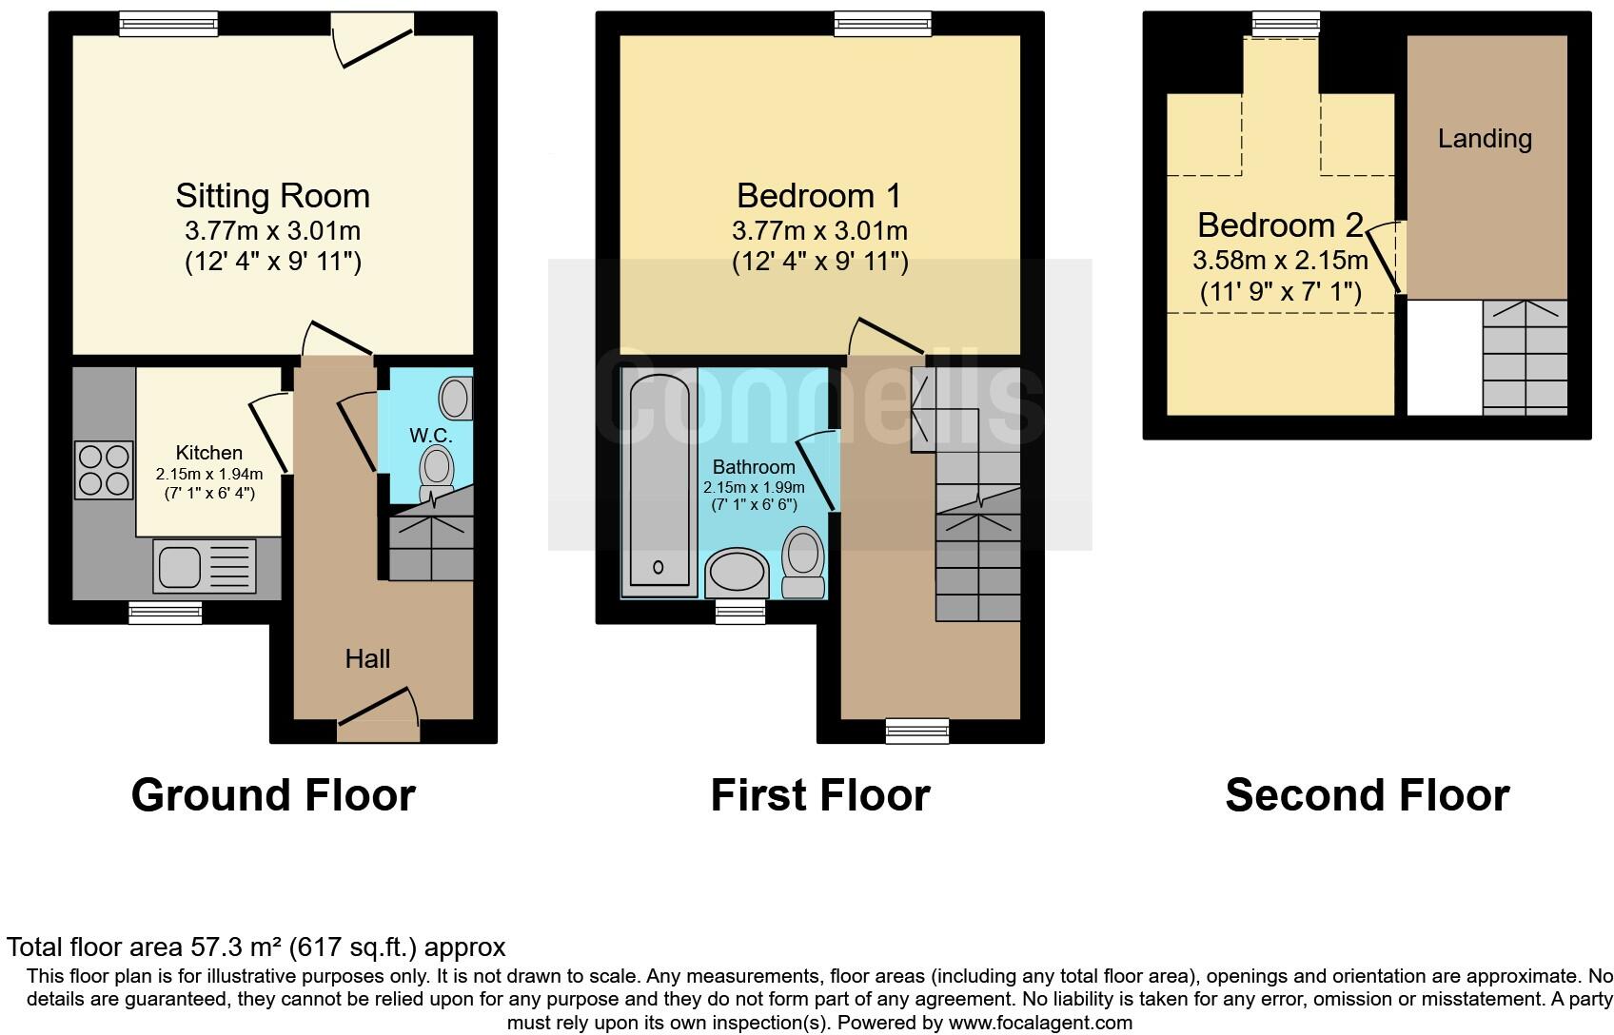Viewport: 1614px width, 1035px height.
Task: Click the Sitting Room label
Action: (272, 196)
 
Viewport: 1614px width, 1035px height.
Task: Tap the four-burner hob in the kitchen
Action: (104, 470)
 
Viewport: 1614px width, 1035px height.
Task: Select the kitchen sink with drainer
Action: (204, 566)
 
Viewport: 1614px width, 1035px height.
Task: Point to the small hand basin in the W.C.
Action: (456, 398)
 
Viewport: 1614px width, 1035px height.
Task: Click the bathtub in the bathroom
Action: (659, 483)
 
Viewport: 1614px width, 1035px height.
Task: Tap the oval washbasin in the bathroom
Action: (736, 575)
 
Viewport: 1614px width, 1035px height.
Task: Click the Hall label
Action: (367, 658)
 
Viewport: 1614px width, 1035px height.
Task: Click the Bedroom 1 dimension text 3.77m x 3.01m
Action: (819, 230)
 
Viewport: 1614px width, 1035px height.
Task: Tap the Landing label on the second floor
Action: (1485, 139)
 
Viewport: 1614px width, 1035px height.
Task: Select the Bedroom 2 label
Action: (1280, 225)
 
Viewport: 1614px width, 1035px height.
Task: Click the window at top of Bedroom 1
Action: (882, 24)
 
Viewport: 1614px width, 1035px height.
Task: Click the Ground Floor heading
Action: (273, 795)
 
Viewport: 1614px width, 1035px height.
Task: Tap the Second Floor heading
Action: (1367, 795)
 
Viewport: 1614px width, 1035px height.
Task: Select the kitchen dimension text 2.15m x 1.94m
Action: (209, 474)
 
